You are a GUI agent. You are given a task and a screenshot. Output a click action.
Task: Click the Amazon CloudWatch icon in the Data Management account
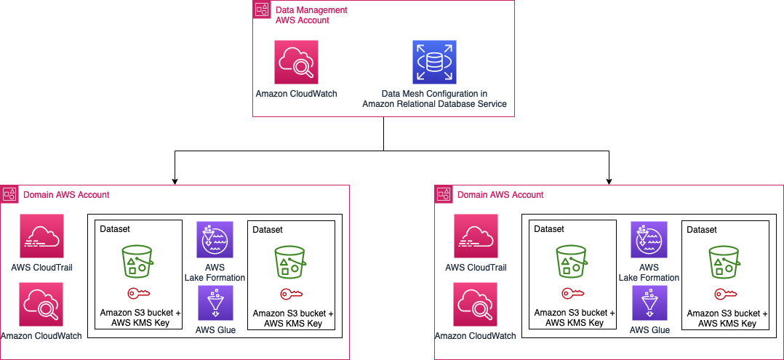click(296, 62)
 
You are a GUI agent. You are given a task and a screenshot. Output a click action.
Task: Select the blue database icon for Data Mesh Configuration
click(434, 62)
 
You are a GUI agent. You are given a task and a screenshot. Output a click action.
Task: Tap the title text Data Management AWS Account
click(311, 15)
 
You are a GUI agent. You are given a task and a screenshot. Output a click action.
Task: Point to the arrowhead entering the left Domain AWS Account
click(175, 181)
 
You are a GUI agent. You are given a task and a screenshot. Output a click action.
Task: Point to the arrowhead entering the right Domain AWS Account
click(609, 181)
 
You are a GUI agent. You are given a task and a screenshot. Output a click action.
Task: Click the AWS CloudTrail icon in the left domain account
click(42, 236)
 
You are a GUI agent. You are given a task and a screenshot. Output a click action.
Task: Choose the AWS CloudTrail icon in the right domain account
click(476, 236)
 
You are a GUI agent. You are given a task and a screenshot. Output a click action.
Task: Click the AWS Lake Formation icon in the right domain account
click(649, 239)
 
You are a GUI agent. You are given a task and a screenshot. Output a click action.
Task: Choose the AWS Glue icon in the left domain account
click(215, 303)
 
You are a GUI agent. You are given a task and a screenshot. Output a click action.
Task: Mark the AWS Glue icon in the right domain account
click(649, 303)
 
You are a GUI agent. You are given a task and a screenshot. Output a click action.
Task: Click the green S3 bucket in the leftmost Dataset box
click(137, 261)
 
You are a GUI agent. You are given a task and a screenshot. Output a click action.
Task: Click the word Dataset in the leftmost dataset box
click(115, 229)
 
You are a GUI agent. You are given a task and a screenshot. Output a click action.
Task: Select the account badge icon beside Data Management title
click(261, 10)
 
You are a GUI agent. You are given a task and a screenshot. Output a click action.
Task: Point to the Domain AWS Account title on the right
click(500, 194)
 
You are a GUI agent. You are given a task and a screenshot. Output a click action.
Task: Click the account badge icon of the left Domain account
click(9, 194)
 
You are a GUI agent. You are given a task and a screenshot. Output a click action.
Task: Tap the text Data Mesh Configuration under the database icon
click(434, 94)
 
